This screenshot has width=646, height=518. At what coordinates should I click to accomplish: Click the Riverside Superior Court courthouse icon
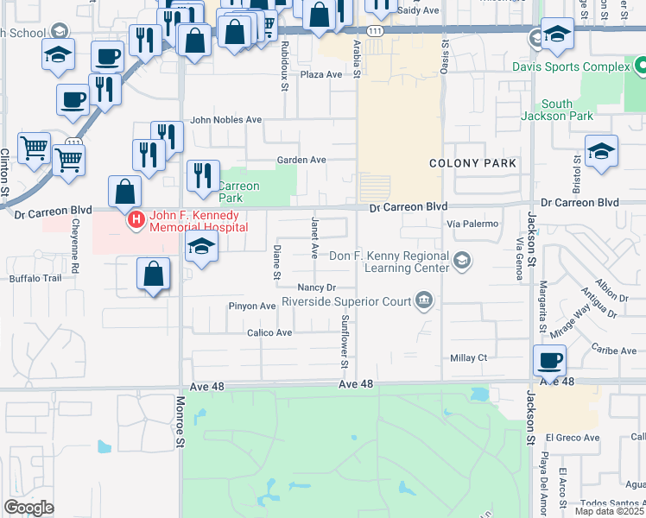pyautogui.click(x=424, y=300)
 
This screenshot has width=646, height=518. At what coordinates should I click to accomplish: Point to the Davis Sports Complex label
pyautogui.click(x=572, y=66)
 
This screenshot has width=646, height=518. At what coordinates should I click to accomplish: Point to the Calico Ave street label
pyautogui.click(x=270, y=332)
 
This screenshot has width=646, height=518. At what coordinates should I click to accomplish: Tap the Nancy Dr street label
pyautogui.click(x=315, y=287)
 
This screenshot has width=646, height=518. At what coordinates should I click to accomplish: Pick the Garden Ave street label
pyautogui.click(x=301, y=160)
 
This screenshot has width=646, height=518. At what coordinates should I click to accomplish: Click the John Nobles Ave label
pyautogui.click(x=225, y=120)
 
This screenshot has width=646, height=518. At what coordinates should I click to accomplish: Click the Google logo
pyautogui.click(x=28, y=508)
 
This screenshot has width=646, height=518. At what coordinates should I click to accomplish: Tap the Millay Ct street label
pyautogui.click(x=469, y=357)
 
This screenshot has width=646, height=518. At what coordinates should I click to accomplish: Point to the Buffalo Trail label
pyautogui.click(x=35, y=278)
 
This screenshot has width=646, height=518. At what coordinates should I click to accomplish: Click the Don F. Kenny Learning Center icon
pyautogui.click(x=462, y=260)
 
